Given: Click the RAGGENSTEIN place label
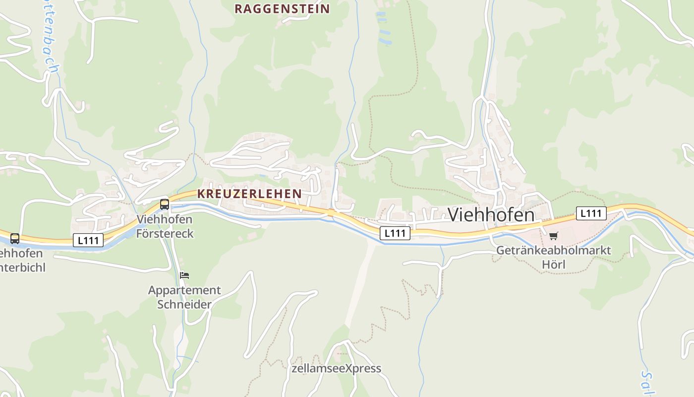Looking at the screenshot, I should pos(282,9).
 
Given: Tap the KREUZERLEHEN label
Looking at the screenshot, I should pos(249,194).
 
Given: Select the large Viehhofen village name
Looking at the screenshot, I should pos(491,214).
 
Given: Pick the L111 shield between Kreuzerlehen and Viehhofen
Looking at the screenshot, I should pos(395,233).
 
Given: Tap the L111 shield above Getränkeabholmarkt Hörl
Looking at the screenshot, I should pos(591,213).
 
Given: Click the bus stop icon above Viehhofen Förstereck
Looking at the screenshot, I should pos(164,204).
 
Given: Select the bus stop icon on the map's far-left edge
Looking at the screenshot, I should pos(15,239).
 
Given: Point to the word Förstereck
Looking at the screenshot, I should pos(165,233).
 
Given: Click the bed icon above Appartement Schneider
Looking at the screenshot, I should pos(184,275).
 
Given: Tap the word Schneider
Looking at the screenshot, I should pos(184,304).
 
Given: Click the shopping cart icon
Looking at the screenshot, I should pos(553,236).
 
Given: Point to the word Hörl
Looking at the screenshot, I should pos(553,265).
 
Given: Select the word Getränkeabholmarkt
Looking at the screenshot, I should pos(554,251).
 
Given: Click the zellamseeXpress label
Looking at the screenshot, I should pos(337,368).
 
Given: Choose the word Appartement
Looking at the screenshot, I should pos(184,290).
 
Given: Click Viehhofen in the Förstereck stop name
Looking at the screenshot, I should pos(164,219).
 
